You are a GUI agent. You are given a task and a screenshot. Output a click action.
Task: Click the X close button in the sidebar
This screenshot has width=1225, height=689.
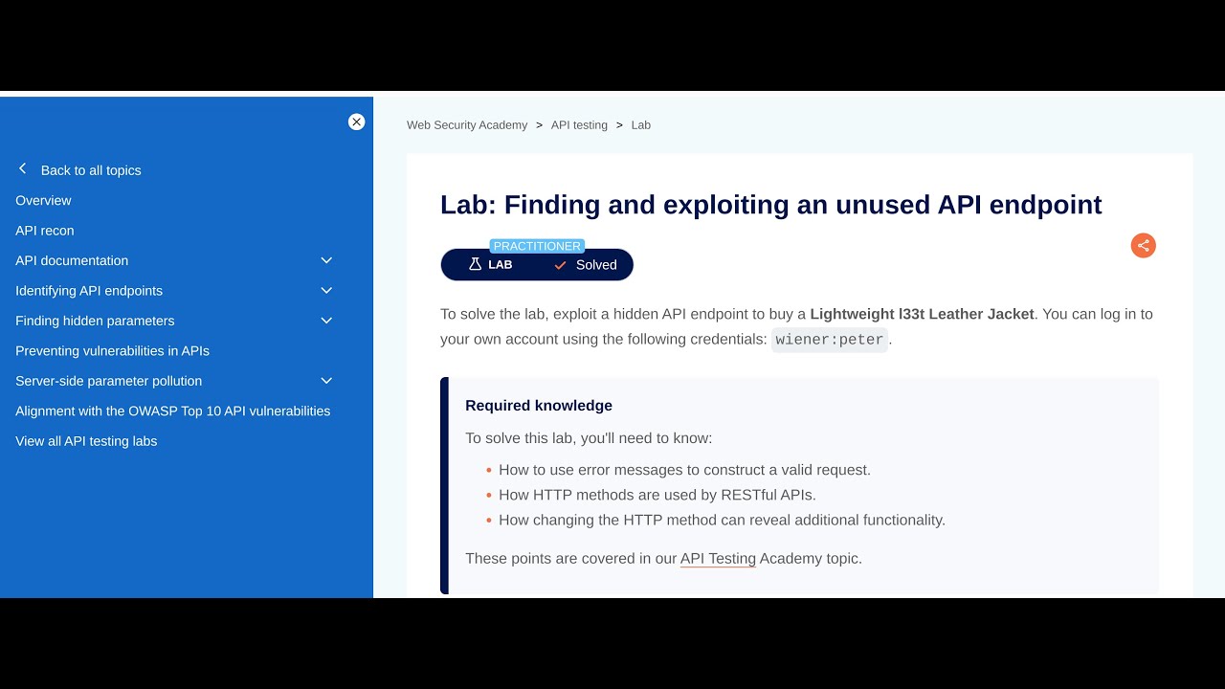point(356,122)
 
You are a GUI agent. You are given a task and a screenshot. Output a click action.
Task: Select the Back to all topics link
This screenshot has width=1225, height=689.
point(90,170)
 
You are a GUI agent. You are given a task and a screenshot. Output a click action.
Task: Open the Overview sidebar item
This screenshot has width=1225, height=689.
point(43,200)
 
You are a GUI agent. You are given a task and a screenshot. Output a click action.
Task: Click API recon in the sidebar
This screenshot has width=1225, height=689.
point(44,231)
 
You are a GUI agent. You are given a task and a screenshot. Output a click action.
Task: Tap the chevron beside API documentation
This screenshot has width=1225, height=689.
point(326,260)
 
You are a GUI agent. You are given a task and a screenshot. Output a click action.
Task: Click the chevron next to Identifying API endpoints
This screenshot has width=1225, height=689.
point(326,290)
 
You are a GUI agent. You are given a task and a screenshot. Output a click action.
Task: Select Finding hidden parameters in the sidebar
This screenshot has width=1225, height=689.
point(95,321)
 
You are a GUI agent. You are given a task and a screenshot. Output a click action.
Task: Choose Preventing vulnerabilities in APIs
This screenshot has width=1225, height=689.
point(112,350)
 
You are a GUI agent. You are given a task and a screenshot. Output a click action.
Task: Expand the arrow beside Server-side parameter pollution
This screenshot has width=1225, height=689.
point(326,381)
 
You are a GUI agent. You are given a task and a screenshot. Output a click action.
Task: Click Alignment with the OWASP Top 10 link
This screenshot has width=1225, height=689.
point(172,411)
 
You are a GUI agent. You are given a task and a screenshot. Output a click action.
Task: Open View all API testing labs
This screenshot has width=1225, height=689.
point(86,441)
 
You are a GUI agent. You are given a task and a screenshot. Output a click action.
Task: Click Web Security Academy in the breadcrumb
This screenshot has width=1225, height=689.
point(467,125)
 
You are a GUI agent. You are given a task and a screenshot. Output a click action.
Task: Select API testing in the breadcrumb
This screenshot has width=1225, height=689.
point(579,125)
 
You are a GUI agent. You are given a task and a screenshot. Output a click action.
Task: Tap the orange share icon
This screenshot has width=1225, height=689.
point(1143,246)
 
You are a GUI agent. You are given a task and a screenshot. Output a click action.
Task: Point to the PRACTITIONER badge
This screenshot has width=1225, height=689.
point(537,246)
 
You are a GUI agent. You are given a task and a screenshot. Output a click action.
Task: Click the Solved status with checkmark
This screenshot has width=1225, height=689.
point(586,265)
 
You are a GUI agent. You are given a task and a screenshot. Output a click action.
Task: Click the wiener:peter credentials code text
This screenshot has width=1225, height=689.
point(830,340)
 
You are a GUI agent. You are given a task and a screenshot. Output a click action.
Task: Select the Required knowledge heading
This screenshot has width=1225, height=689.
point(539,406)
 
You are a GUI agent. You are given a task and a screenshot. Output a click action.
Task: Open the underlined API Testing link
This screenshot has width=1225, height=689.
point(718,558)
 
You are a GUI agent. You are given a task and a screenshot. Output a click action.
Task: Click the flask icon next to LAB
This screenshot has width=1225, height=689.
point(475,264)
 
